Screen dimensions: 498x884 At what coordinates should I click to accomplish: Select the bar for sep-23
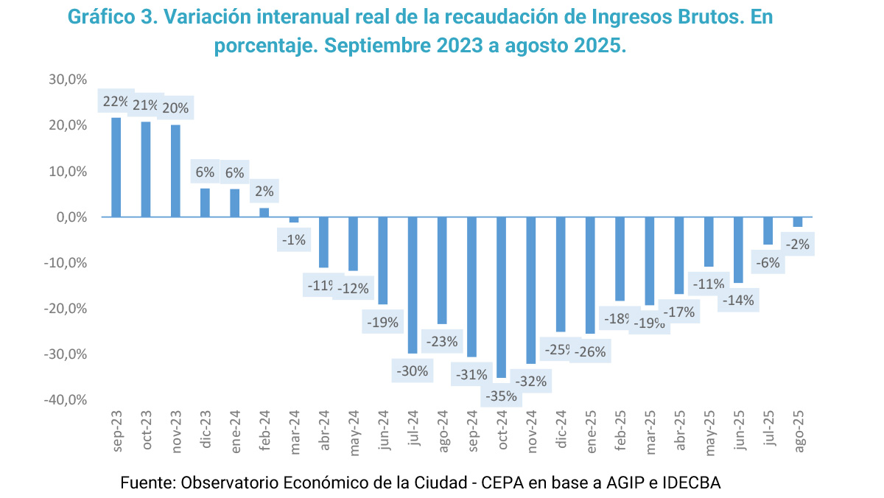(x=116, y=167)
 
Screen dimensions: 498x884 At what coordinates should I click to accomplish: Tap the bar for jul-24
(x=413, y=285)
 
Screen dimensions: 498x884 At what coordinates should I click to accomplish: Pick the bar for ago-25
(x=798, y=222)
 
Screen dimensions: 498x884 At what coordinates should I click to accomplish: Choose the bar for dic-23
(x=205, y=203)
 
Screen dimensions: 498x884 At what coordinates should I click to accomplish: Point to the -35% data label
(x=502, y=396)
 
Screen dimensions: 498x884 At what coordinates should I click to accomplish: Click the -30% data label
(x=413, y=371)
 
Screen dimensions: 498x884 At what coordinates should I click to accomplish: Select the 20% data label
(x=175, y=108)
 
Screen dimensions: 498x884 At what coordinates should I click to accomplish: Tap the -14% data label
(x=738, y=301)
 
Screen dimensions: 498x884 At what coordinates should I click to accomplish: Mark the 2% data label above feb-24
(x=264, y=192)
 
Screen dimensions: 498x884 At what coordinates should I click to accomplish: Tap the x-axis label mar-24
(x=294, y=429)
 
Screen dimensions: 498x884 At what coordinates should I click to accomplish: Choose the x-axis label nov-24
(x=531, y=429)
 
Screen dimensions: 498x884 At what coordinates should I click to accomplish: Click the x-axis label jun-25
(x=739, y=430)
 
